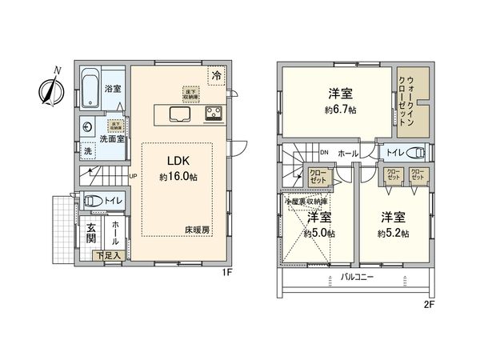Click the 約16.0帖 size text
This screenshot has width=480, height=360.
click(177, 178)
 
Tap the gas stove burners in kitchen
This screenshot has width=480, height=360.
click(215, 117)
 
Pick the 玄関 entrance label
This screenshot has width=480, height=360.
click(91, 233)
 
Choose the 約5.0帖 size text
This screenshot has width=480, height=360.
click(319, 234)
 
